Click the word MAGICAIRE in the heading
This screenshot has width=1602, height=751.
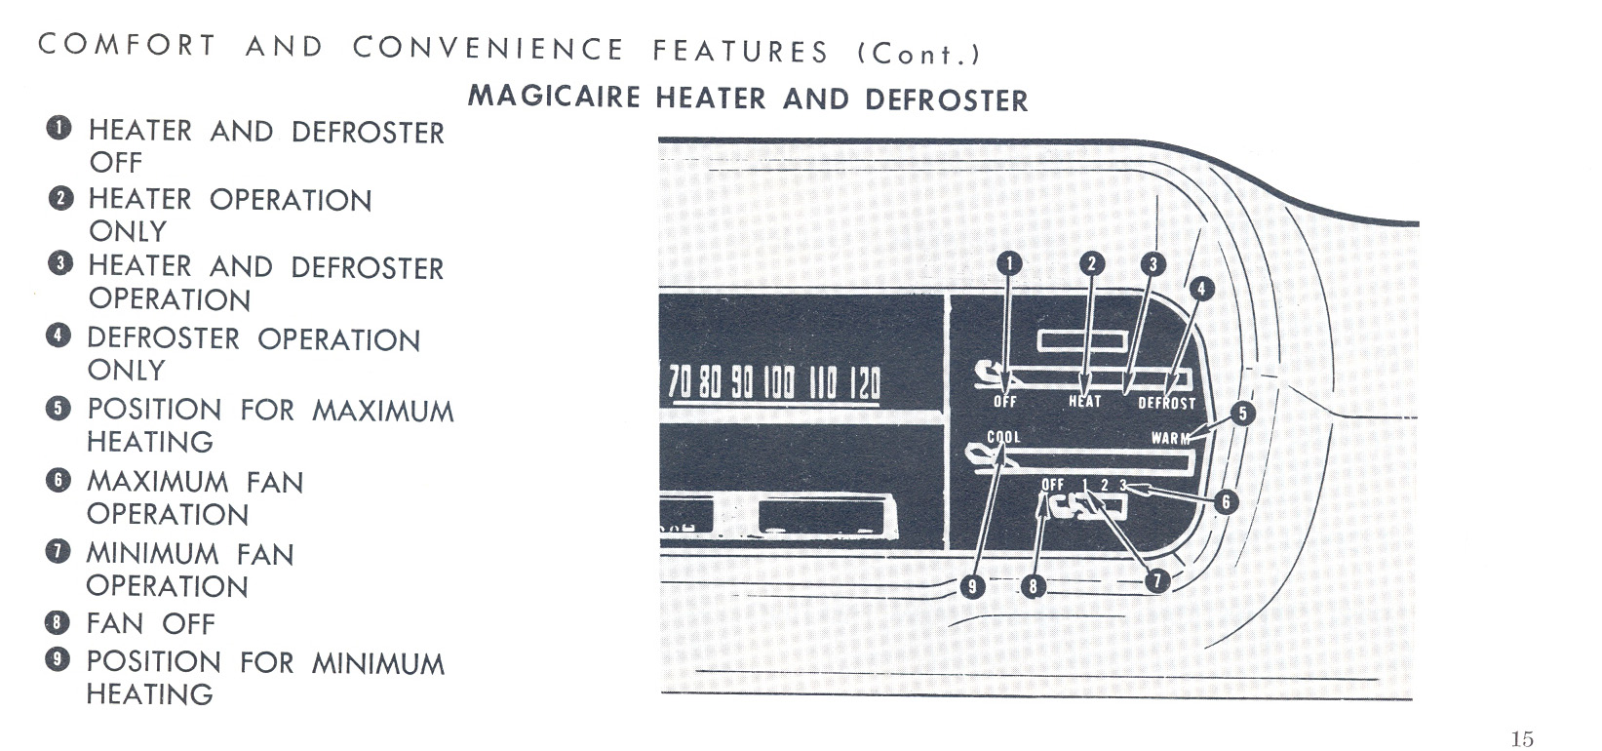554,97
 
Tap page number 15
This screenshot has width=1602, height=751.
1522,738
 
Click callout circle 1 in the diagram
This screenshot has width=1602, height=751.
1009,264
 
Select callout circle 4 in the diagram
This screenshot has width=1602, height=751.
1201,289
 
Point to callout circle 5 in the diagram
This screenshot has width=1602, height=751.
1242,414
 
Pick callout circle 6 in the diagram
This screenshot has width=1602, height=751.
1225,501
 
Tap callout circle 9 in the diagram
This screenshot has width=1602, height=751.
971,587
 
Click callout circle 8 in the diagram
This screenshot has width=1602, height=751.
1032,587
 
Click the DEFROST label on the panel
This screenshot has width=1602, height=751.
1166,404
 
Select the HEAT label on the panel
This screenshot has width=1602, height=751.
1085,402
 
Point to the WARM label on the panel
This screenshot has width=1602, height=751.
1170,438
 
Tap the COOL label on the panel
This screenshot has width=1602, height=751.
1003,437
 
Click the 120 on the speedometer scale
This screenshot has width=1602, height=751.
866,383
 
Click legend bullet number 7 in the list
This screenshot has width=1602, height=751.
58,552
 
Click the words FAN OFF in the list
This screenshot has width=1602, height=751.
151,623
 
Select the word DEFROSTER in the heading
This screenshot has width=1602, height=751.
946,100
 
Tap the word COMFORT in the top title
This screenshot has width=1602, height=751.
127,44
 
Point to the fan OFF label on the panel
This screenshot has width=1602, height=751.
1053,485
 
